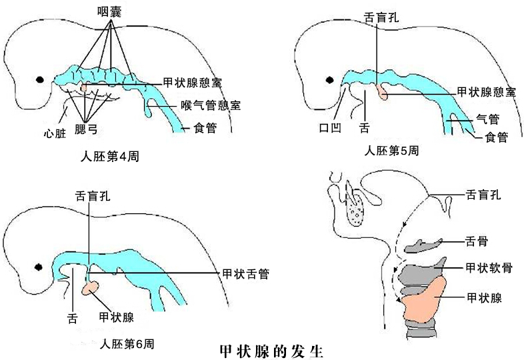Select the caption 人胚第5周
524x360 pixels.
(392, 150)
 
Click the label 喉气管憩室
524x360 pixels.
(211, 105)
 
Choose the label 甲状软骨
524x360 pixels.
(489, 268)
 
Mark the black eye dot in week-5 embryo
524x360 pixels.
(328, 80)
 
